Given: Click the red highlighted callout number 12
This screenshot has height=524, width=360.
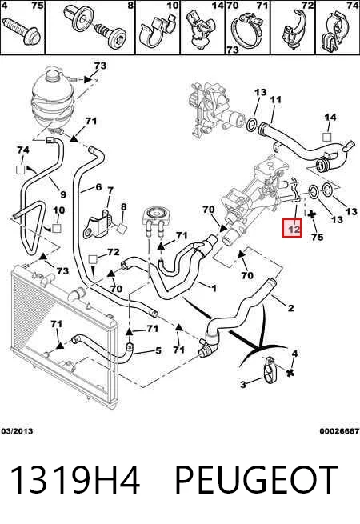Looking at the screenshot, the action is click(292, 228).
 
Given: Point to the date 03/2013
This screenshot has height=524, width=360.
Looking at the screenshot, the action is click(17, 431).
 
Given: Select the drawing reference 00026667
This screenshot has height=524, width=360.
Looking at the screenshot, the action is click(339, 431).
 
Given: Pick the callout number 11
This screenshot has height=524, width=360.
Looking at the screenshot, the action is click(276, 99).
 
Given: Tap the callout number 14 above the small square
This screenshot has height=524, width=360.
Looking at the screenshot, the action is click(330, 117).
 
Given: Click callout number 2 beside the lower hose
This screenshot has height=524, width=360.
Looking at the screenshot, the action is click(291, 308).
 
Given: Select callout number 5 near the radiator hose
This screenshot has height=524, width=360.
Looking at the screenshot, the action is click(158, 350).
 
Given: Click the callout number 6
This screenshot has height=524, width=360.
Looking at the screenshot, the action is click(98, 187).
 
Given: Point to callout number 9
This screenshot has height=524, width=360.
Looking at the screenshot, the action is click(63, 194).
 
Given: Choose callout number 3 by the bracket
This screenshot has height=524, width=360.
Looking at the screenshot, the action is click(243, 384).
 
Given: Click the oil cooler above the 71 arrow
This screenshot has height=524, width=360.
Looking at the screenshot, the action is click(154, 221).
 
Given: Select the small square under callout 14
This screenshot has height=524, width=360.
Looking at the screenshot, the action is click(327, 137).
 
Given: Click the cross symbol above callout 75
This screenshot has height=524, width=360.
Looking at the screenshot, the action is click(311, 214).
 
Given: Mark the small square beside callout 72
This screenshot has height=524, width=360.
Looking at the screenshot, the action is click(93, 258).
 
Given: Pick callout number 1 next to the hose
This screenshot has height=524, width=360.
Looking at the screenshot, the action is click(214, 288).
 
